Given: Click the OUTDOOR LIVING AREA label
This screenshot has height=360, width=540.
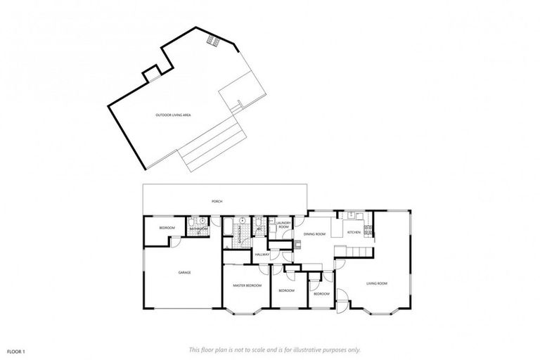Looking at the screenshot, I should (173, 115).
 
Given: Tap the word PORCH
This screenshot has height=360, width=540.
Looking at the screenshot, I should (217, 202).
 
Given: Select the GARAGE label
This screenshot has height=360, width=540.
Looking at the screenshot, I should (184, 272).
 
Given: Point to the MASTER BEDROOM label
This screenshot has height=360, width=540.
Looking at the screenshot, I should (247, 285).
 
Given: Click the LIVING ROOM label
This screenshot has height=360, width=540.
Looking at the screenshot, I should (377, 283).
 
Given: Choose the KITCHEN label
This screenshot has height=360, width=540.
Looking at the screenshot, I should (354, 232).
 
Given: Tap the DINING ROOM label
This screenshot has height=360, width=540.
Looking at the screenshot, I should (314, 233).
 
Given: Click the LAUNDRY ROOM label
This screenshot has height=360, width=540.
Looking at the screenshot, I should (283, 226).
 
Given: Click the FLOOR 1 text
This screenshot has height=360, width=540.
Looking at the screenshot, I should (16, 350).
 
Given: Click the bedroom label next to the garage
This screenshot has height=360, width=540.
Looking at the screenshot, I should (167, 228).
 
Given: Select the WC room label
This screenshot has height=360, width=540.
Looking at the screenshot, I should (259, 228).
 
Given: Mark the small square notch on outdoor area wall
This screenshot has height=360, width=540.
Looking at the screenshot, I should (151, 72).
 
